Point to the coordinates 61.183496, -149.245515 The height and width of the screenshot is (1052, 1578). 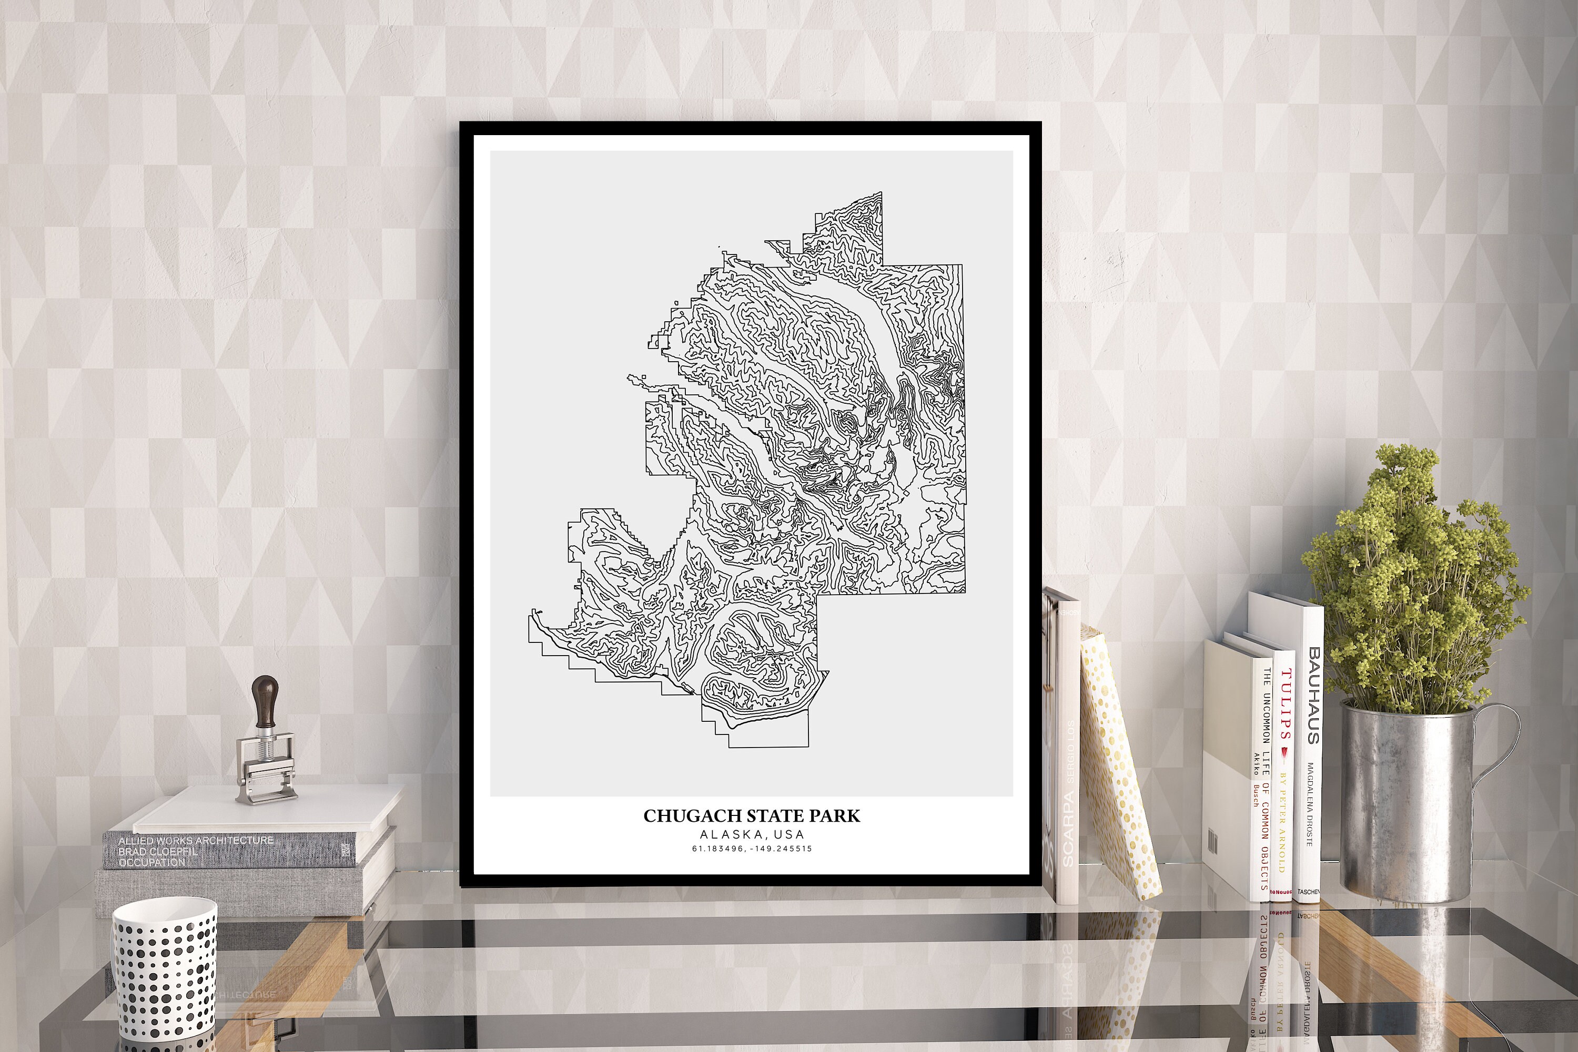point(752,849)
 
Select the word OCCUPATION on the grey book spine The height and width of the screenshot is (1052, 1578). point(151,862)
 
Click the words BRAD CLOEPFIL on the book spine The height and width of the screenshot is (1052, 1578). point(158,851)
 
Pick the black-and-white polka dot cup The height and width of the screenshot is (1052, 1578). point(165,973)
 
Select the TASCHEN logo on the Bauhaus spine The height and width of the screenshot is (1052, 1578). point(1308,892)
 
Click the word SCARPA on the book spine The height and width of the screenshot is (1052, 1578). point(1068,829)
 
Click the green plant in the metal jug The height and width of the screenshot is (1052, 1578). point(1410,584)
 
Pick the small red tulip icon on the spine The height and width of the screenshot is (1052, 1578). point(1283,756)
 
